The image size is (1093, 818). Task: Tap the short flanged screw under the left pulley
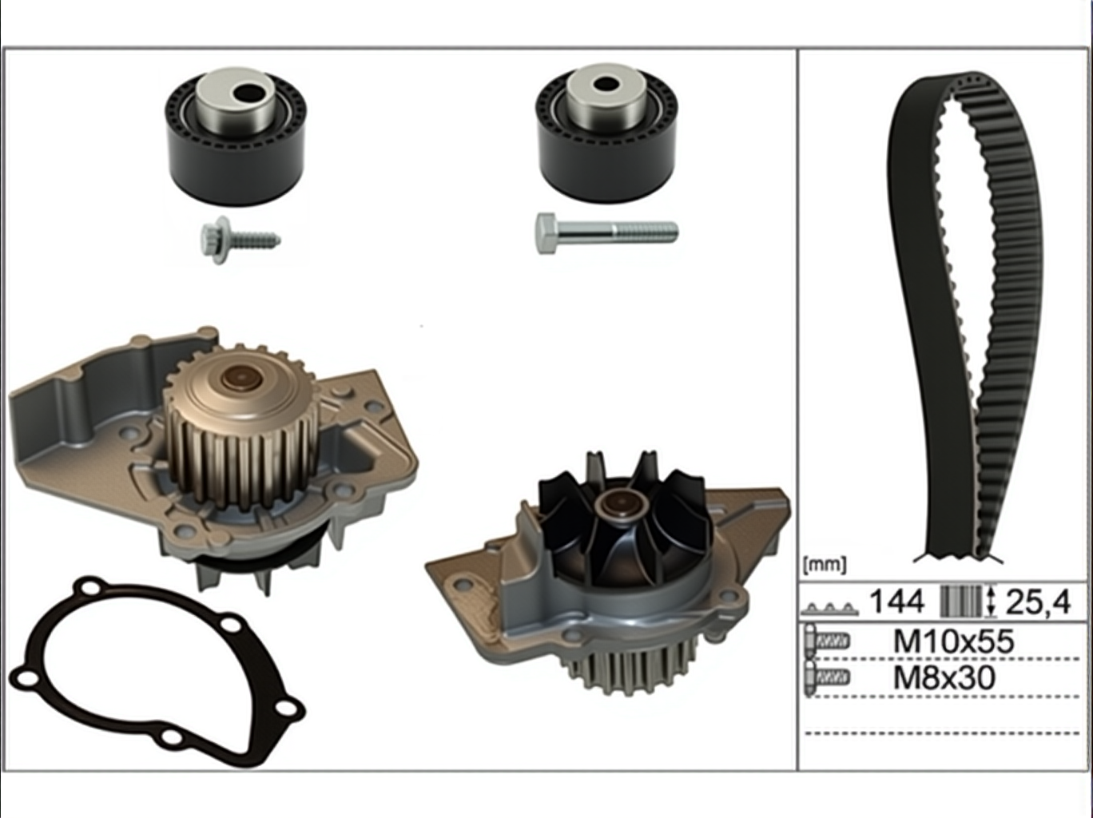[240, 240]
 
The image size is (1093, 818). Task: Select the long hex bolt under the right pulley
[606, 233]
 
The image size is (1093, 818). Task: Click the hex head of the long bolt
[546, 233]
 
